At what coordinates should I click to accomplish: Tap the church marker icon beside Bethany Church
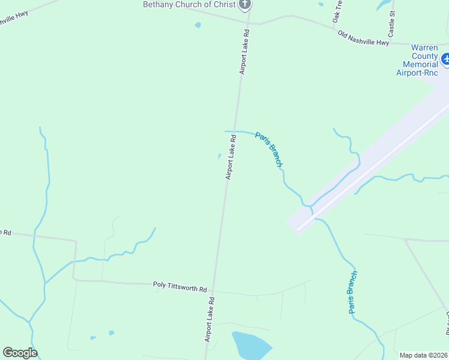[x=244, y=5]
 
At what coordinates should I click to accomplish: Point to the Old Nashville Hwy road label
[x=364, y=38]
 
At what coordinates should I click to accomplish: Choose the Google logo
[x=20, y=353]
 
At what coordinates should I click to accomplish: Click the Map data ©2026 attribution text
[x=424, y=355]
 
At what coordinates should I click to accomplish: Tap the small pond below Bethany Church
[x=197, y=25]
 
